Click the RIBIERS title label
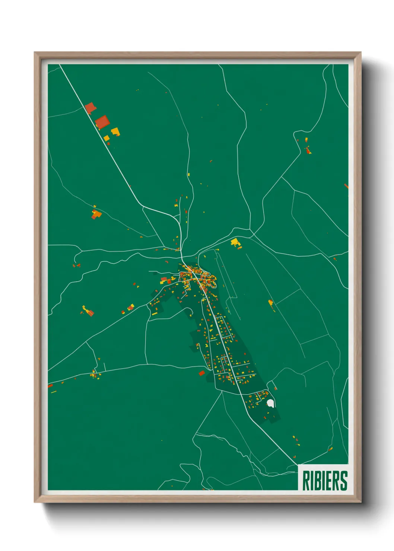coord(325,481)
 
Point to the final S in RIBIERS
coord(344,481)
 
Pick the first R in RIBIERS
coord(306,481)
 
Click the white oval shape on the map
coord(271,403)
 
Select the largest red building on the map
coord(102,122)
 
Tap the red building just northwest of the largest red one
coord(90,108)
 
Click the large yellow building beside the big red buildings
coord(115,131)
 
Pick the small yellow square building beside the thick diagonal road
coord(107,138)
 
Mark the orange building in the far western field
coord(96,214)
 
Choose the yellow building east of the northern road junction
coord(235,243)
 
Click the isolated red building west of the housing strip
coord(201,373)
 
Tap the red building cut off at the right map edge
coord(346,185)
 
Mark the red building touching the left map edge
coord(50,386)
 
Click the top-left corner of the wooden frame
coord(35,52)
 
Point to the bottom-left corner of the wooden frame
coord(35,502)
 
